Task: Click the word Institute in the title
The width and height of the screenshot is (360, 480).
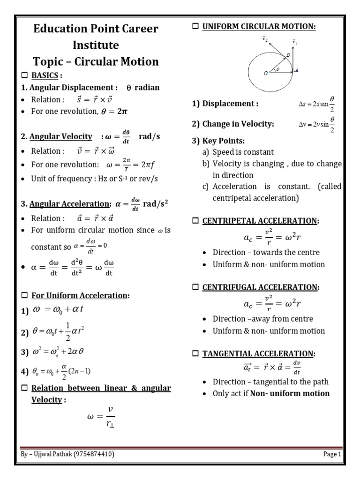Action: pyautogui.click(x=96, y=45)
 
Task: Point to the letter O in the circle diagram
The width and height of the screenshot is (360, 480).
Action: pyautogui.click(x=266, y=73)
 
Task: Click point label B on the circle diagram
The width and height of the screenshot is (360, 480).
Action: pyautogui.click(x=288, y=55)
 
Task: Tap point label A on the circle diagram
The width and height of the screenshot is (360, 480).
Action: pyautogui.click(x=296, y=70)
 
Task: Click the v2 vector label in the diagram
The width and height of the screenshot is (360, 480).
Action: pyautogui.click(x=265, y=40)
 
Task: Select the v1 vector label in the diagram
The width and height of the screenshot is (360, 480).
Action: pyautogui.click(x=294, y=41)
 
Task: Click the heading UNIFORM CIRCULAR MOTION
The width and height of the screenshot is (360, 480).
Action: pyautogui.click(x=259, y=27)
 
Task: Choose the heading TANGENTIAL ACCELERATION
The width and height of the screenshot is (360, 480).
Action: pyautogui.click(x=259, y=353)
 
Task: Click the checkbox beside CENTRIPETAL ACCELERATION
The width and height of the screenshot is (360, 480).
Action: pyautogui.click(x=196, y=221)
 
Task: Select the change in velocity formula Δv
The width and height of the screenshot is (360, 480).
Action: pyautogui.click(x=317, y=125)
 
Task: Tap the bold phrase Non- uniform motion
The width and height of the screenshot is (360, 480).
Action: pyautogui.click(x=290, y=393)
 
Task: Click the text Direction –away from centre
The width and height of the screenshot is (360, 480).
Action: pyautogui.click(x=262, y=319)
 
